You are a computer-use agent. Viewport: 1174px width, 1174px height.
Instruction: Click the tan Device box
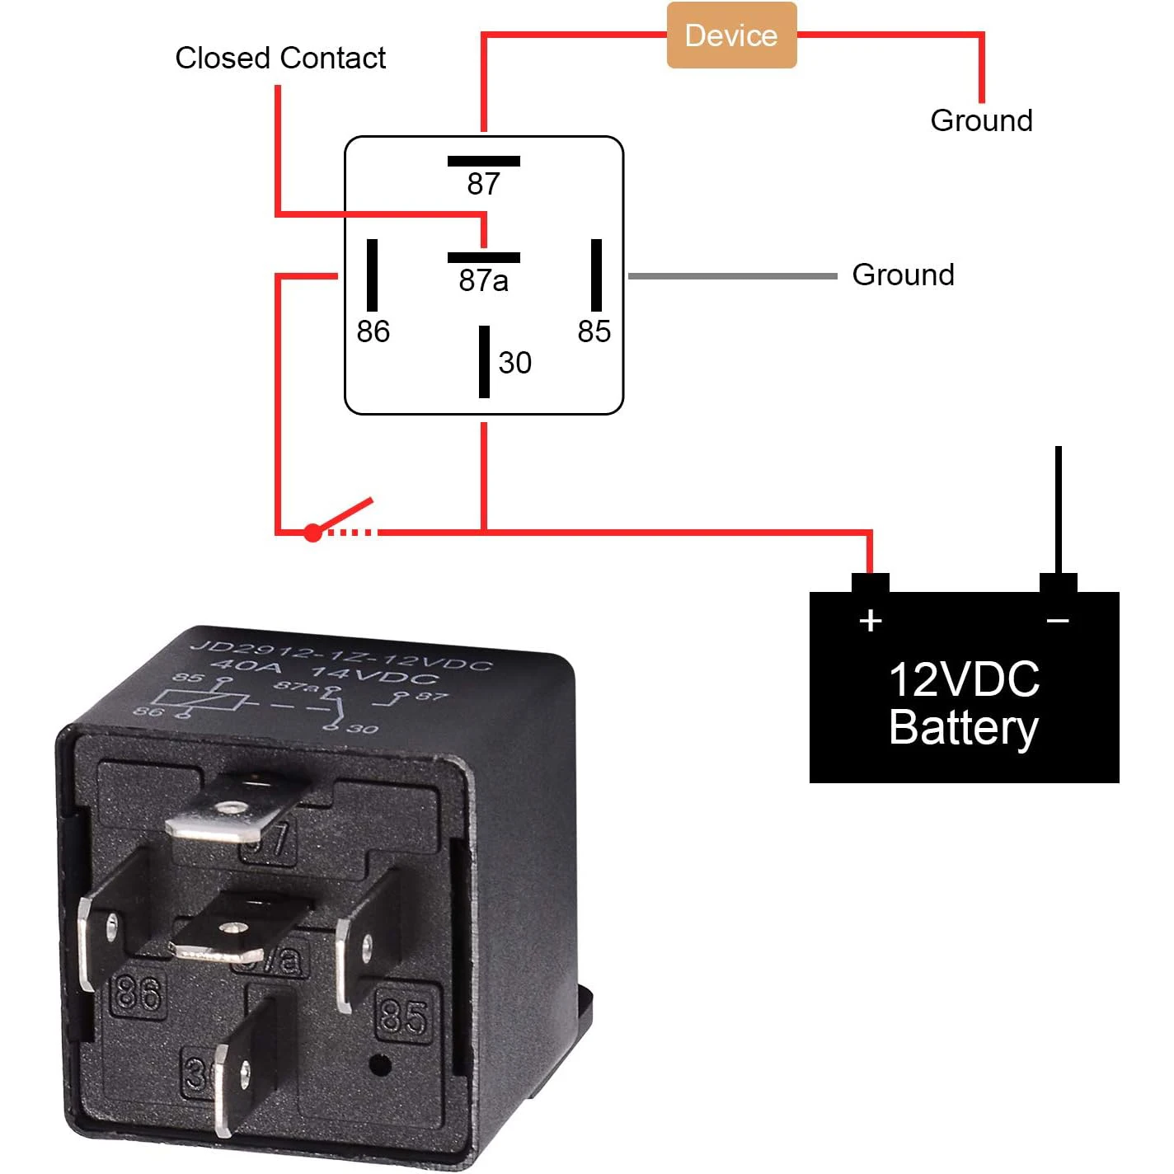731,35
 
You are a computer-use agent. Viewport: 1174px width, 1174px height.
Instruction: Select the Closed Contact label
280,58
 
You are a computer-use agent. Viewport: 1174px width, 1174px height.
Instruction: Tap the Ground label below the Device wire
981,120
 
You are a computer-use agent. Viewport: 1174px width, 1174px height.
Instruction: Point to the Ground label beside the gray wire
903,275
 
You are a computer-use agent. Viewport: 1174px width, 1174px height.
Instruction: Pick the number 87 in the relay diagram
483,184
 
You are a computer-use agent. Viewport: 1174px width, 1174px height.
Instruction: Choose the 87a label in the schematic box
483,281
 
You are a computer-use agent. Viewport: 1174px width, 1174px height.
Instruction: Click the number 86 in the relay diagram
373,331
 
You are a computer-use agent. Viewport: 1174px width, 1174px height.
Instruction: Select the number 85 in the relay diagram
594,331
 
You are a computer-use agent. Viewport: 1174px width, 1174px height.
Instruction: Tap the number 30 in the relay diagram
514,363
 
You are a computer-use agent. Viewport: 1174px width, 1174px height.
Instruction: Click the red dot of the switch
312,533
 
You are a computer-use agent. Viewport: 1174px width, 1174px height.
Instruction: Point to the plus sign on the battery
871,621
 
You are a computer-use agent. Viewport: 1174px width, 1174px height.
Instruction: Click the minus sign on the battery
1058,621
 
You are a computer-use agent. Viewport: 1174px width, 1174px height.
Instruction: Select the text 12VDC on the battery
964,680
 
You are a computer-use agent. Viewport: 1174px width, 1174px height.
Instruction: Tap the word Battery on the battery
964,728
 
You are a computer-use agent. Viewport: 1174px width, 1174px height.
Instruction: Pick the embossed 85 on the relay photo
403,1016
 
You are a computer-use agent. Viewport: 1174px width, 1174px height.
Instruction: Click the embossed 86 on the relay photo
139,993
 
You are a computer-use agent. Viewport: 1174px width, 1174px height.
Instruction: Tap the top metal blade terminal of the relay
227,816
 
